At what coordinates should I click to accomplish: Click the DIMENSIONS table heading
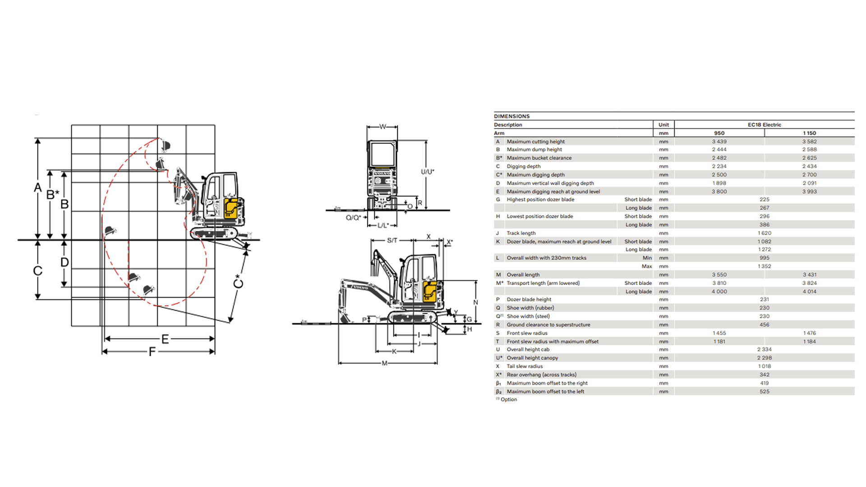pyautogui.click(x=511, y=116)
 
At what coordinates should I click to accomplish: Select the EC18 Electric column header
pyautogui.click(x=764, y=125)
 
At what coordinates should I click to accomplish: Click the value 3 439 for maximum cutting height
pyautogui.click(x=719, y=142)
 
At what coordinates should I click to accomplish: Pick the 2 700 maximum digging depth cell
pyautogui.click(x=809, y=175)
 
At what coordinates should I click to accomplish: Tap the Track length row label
pyautogui.click(x=521, y=233)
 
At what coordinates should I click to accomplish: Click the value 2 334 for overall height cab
pyautogui.click(x=764, y=349)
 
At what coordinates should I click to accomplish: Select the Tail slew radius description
pyautogui.click(x=525, y=366)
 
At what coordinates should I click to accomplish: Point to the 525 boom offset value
pyautogui.click(x=764, y=391)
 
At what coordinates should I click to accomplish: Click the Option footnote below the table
pyautogui.click(x=508, y=400)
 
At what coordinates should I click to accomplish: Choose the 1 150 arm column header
pyautogui.click(x=809, y=133)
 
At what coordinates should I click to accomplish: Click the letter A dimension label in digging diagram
pyautogui.click(x=38, y=188)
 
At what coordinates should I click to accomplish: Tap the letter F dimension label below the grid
pyautogui.click(x=152, y=351)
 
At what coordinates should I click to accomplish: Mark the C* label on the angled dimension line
pyautogui.click(x=238, y=281)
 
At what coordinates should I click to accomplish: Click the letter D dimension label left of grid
pyautogui.click(x=64, y=262)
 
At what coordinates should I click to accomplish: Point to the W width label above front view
pyautogui.click(x=382, y=127)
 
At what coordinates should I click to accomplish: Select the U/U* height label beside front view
pyautogui.click(x=427, y=172)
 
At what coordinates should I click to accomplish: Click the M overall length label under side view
pyautogui.click(x=384, y=363)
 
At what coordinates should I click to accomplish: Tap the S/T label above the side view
pyautogui.click(x=392, y=240)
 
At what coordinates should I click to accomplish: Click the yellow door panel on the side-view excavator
pyautogui.click(x=429, y=292)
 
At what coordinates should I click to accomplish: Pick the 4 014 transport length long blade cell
pyautogui.click(x=809, y=292)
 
